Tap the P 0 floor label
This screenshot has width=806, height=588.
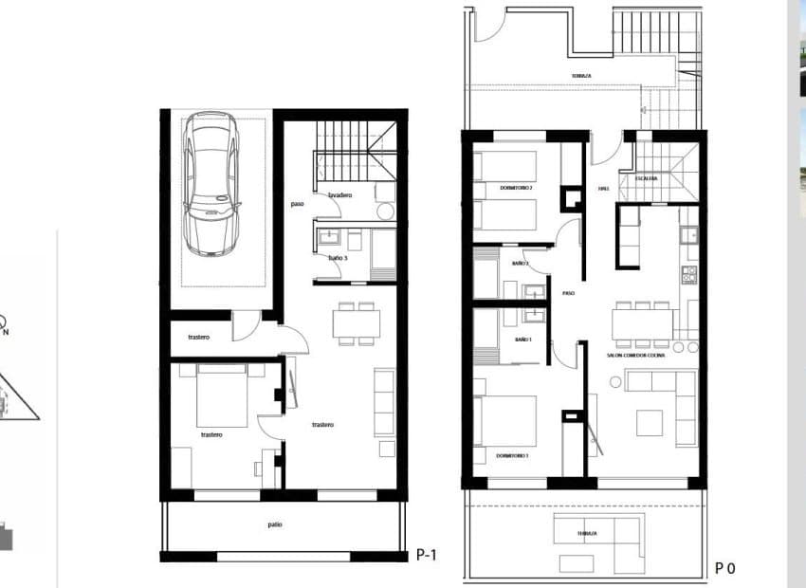pyautogui.click(x=724, y=568)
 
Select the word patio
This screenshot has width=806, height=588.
pyautogui.click(x=274, y=524)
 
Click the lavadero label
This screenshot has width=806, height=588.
pyautogui.click(x=340, y=195)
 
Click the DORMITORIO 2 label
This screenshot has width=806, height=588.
pyautogui.click(x=517, y=188)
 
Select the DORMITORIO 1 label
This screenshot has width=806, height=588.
pyautogui.click(x=512, y=456)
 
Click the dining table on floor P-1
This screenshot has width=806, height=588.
pyautogui.click(x=357, y=322)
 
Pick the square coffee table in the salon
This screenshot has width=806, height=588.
pyautogui.click(x=650, y=421)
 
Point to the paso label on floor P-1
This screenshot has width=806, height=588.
pyautogui.click(x=298, y=203)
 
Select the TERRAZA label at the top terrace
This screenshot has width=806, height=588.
pyautogui.click(x=582, y=76)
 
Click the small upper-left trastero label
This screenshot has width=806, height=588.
pyautogui.click(x=198, y=337)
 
